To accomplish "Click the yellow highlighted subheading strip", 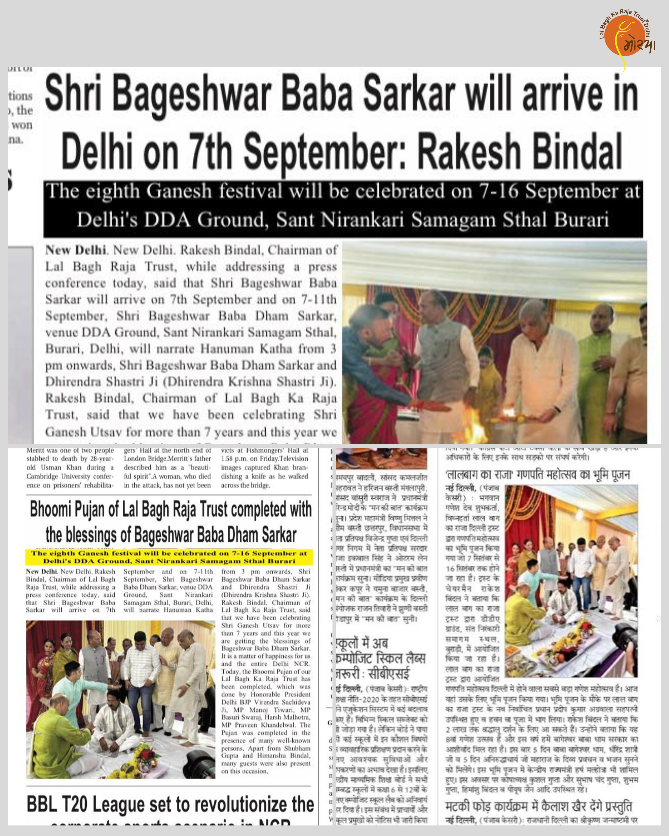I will point(169,557).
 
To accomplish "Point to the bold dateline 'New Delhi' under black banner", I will point(76,250).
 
